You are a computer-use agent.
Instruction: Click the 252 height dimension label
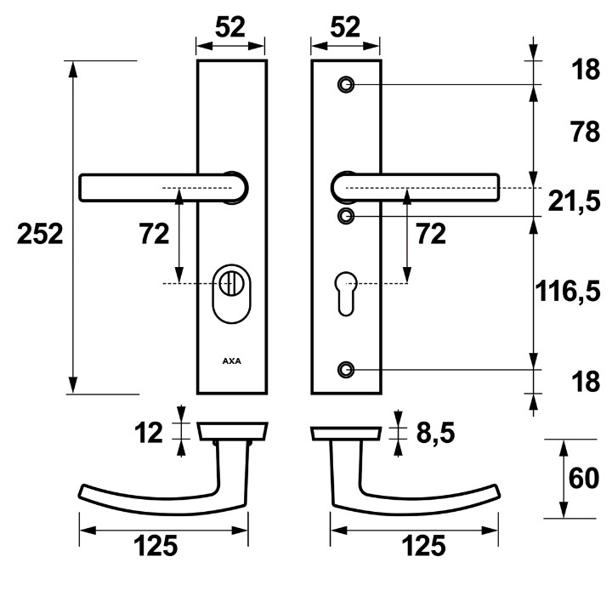(41, 234)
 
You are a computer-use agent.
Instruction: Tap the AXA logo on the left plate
(231, 361)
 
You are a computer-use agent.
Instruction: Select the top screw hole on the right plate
(345, 85)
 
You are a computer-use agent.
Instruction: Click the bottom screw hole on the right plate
(345, 370)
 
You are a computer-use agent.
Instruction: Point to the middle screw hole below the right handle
(345, 216)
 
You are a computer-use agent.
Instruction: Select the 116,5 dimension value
(568, 292)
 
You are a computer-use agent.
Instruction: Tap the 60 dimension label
(585, 480)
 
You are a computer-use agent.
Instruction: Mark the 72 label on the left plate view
(154, 234)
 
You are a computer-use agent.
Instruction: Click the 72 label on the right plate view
(428, 234)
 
